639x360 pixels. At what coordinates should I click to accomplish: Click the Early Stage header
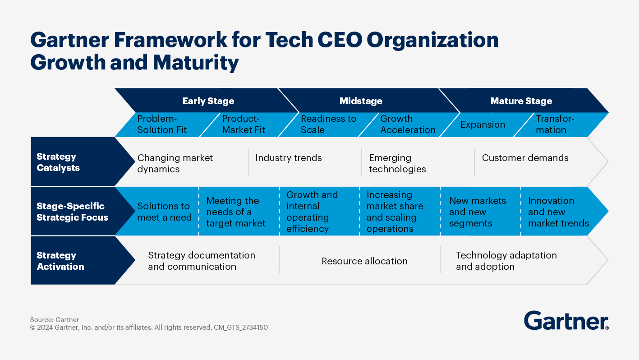click(x=208, y=101)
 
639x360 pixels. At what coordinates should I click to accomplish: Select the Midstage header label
click(x=361, y=101)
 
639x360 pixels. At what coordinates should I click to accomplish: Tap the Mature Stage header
click(x=521, y=101)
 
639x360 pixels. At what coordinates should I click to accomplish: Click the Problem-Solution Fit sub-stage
click(x=162, y=125)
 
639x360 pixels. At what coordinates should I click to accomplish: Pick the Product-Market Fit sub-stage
click(x=244, y=125)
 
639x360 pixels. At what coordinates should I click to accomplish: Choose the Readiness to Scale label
click(x=328, y=125)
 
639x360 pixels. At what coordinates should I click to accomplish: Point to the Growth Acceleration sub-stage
click(x=408, y=125)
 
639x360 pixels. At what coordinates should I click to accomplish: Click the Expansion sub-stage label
click(x=483, y=125)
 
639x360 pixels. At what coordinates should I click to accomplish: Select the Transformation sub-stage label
click(x=555, y=125)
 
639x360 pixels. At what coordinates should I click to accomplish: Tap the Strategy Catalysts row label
click(x=58, y=162)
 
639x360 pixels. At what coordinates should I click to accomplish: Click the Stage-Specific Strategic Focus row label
click(x=72, y=212)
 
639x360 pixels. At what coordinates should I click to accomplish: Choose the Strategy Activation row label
click(x=60, y=261)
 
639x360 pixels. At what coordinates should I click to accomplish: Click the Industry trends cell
click(x=289, y=158)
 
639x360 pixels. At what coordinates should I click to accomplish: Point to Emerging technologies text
click(x=397, y=163)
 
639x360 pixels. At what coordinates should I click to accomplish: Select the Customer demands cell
click(x=525, y=158)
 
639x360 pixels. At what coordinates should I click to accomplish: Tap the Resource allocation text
click(x=364, y=261)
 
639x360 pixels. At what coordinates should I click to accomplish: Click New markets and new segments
click(x=478, y=212)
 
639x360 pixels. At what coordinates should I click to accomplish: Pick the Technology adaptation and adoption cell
click(x=506, y=261)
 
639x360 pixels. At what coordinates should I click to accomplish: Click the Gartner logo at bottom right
click(x=566, y=321)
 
